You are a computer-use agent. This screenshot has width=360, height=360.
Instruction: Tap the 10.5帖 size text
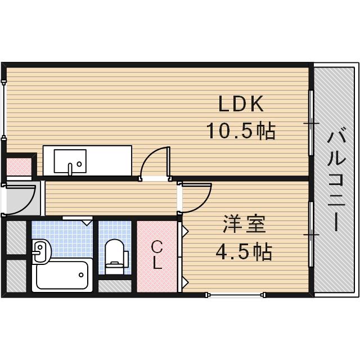(x=240, y=131)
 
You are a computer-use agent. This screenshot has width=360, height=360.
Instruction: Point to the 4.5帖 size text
(x=244, y=251)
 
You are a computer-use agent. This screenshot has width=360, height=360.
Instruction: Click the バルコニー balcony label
(x=336, y=180)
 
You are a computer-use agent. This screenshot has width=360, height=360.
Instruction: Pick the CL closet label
(x=157, y=255)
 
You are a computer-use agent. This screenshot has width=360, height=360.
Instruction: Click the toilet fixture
(x=115, y=253)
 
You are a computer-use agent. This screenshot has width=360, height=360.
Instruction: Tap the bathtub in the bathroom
(x=62, y=276)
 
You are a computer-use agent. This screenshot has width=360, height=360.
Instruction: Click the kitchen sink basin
(x=70, y=161)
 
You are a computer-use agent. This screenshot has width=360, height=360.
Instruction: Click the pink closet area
(x=157, y=256)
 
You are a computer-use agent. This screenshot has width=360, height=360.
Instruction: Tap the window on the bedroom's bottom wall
(x=235, y=293)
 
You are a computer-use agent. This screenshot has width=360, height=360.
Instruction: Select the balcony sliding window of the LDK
(x=311, y=123)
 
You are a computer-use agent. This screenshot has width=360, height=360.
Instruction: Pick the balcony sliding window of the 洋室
(x=311, y=233)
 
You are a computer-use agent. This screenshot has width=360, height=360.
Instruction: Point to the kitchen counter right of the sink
(x=109, y=161)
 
